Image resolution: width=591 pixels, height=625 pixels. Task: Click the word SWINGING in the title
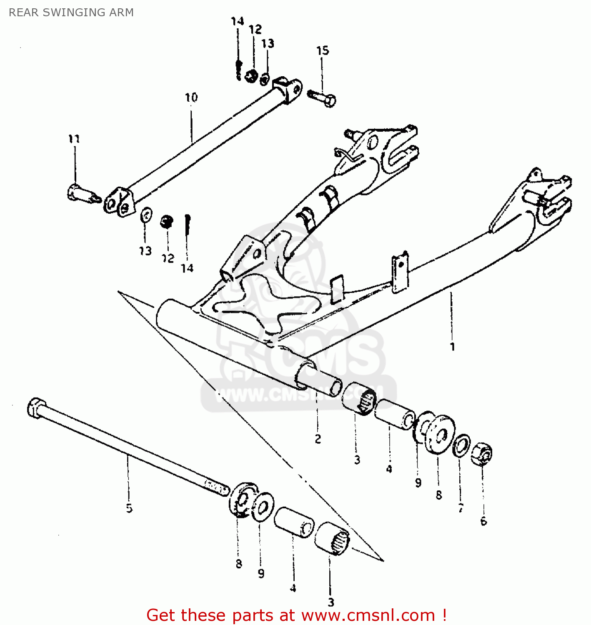point(67,12)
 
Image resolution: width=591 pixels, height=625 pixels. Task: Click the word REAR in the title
point(24,12)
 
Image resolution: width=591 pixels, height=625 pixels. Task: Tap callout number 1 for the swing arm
point(452,347)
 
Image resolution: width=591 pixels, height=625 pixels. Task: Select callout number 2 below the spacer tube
point(318,439)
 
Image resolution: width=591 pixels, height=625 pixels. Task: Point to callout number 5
point(129,508)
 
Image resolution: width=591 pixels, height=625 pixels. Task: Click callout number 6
point(483,521)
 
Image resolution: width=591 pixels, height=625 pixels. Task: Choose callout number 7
point(461,508)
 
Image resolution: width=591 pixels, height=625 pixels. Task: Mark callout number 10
point(191,97)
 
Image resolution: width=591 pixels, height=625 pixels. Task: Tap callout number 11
point(74,139)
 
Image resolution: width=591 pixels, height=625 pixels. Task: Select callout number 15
point(323,50)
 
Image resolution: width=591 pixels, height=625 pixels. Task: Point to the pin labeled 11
point(83,194)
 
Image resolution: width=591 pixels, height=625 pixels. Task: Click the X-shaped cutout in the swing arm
point(267,306)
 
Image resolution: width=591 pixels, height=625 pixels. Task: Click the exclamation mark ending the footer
point(444,615)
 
